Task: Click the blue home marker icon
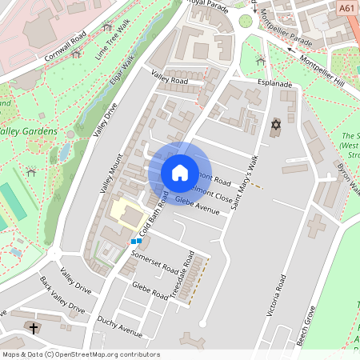(180, 172)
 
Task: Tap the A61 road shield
(346, 8)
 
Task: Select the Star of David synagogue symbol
(277, 125)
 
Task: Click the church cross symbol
(34, 328)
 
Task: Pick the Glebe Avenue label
(197, 206)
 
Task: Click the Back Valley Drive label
(62, 295)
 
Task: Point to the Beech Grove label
(306, 329)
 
